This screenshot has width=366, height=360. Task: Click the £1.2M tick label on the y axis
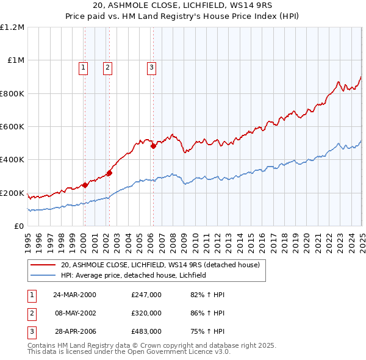coord(12,27)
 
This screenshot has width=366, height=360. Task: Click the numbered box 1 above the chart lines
coord(82,68)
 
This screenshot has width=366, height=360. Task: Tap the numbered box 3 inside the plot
coord(151,68)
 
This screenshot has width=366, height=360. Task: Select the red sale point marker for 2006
coord(153,146)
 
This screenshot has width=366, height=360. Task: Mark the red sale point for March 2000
coord(85,185)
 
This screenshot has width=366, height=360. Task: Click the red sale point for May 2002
coord(109,173)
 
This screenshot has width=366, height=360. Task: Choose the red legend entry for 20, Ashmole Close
coord(160,265)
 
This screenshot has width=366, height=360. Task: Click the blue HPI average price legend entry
coord(134,275)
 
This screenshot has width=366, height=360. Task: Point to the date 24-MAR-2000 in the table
coord(74,295)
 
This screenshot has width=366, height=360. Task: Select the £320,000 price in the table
coord(146,313)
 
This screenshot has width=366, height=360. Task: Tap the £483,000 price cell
coord(146,331)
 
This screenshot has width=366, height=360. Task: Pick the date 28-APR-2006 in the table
coord(74,331)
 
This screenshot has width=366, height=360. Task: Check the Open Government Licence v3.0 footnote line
coord(129,352)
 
